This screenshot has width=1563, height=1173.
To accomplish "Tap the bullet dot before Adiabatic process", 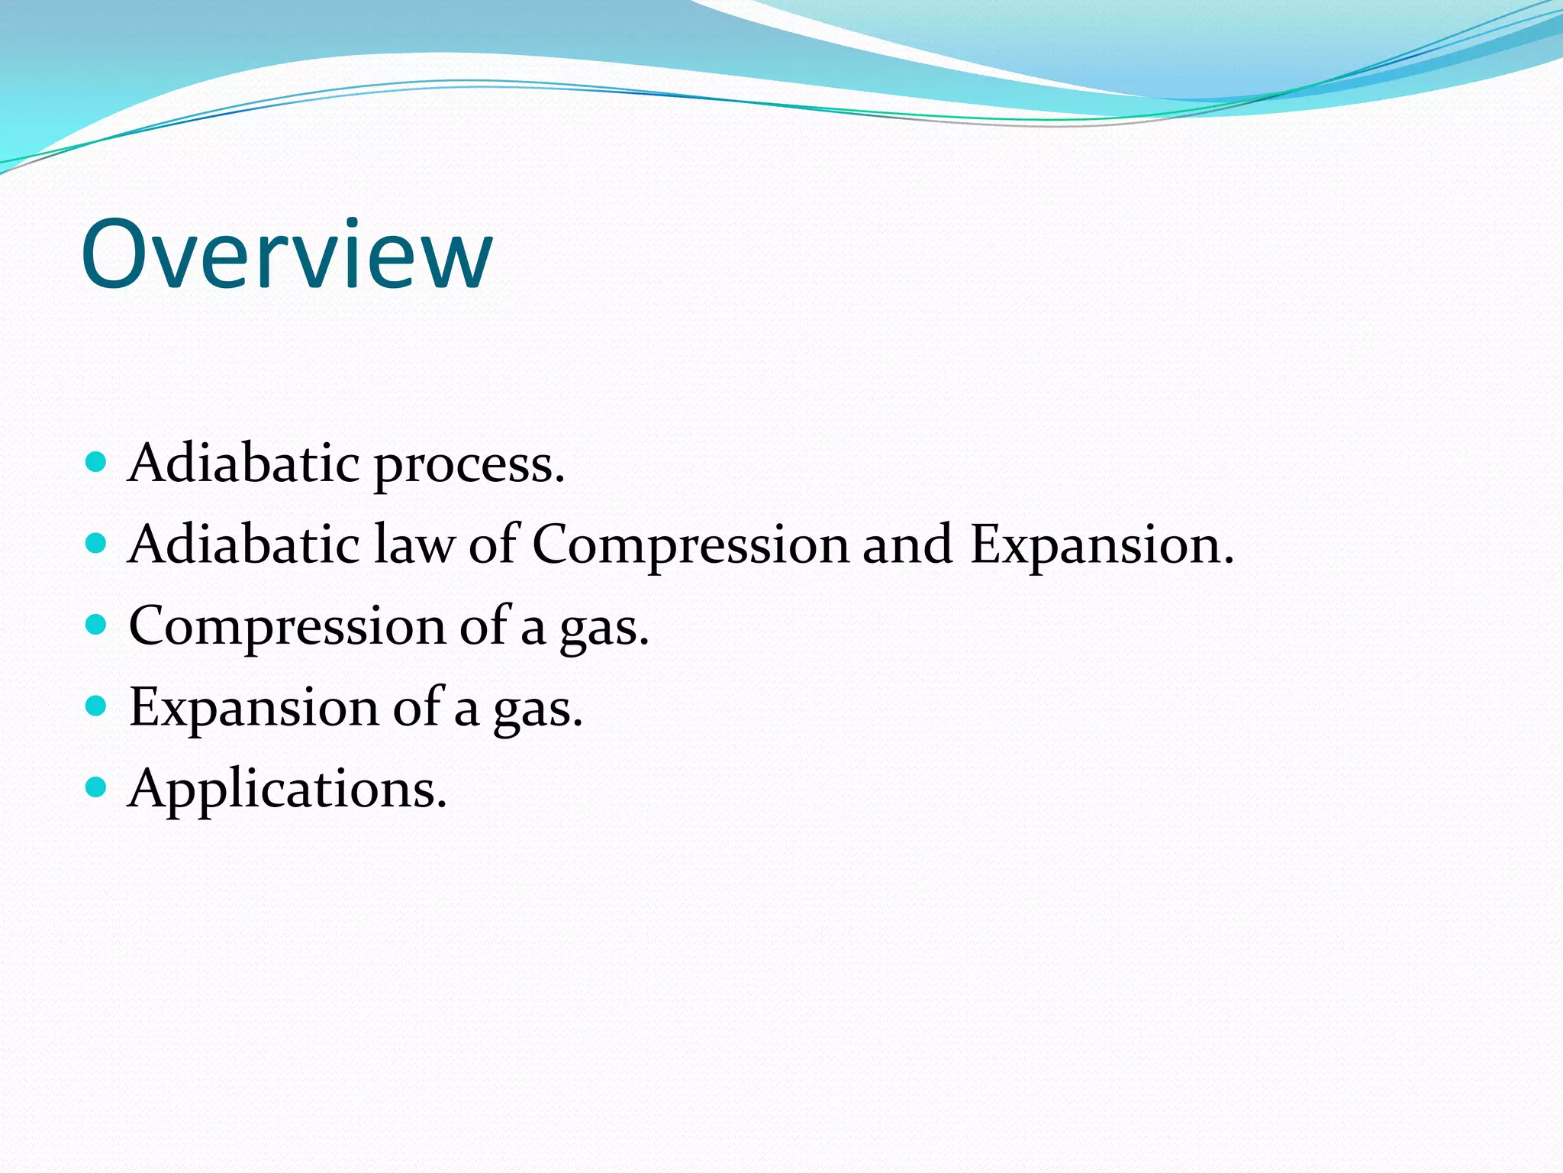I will tap(95, 461).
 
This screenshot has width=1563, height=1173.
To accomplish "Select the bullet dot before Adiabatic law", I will tap(95, 543).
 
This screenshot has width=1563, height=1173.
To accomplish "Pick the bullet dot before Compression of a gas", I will tap(95, 625).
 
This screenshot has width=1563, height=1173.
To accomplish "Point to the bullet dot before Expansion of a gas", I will tap(95, 706).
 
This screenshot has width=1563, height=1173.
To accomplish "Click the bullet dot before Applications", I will tap(95, 787).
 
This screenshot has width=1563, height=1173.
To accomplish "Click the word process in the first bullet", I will tap(469, 466).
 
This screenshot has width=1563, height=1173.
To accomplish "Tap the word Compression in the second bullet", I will tap(690, 547).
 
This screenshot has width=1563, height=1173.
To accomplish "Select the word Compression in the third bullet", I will tap(287, 628).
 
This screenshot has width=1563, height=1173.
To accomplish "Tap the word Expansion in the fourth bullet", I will tap(253, 709).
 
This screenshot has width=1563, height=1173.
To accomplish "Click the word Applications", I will tap(287, 790).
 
